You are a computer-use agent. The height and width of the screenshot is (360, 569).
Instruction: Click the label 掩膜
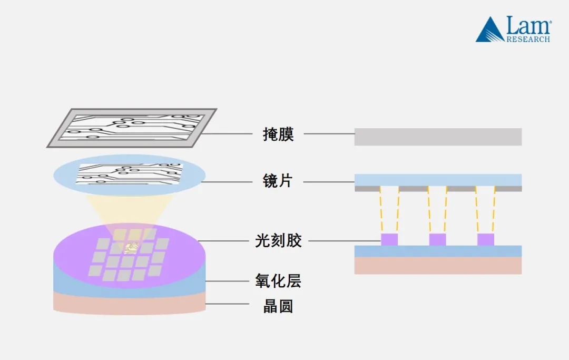[278, 134]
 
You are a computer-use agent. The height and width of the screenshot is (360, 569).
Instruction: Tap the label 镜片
[278, 181]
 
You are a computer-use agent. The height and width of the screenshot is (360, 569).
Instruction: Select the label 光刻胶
[278, 241]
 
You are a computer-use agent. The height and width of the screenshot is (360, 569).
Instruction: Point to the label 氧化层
[278, 281]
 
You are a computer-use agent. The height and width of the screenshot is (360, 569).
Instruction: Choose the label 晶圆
[278, 306]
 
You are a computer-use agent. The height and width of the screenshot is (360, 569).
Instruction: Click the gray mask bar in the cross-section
[438, 137]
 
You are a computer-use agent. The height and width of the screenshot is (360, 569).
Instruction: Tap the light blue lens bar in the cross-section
[438, 180]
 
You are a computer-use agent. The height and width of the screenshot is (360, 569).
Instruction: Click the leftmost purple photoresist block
[389, 239]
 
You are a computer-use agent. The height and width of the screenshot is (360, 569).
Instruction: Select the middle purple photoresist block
[437, 239]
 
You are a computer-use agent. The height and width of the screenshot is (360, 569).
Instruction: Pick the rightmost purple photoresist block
[486, 239]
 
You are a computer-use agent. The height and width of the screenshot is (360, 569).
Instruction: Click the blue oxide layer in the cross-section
[438, 251]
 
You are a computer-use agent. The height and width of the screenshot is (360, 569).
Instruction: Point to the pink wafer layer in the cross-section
[438, 265]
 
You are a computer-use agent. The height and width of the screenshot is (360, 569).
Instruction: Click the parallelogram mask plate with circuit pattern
[132, 127]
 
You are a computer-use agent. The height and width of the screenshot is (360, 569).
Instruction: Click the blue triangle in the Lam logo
[489, 31]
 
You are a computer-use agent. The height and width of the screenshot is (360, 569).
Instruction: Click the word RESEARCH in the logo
[528, 39]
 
